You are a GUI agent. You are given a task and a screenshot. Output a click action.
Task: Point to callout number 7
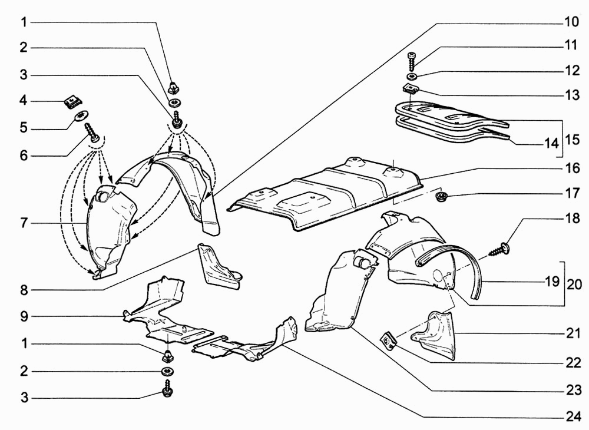[24, 224]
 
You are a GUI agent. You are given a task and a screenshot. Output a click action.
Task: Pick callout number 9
[24, 316]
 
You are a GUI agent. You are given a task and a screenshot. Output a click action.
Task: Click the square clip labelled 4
[71, 102]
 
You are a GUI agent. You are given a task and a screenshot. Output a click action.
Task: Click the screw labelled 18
[504, 246]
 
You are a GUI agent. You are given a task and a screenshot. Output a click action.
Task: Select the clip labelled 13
[411, 89]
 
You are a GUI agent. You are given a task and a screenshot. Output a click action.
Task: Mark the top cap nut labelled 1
[174, 88]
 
